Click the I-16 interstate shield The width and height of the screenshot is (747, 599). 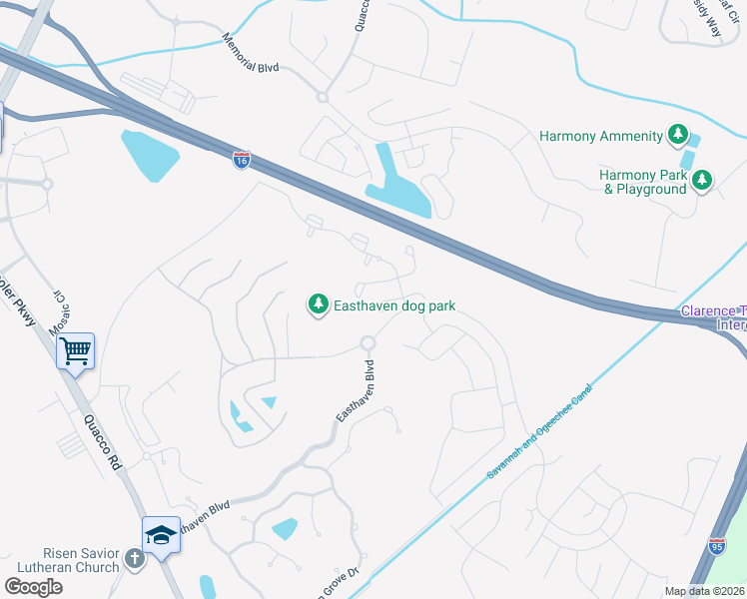coord(242,160)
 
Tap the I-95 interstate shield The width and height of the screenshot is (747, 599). coord(716,545)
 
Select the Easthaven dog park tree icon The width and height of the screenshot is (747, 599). coord(318,303)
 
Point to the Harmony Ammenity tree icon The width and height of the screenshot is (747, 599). coord(678,135)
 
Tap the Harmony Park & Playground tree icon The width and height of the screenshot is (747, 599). coord(703,181)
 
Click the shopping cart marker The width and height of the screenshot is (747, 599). coord(75,351)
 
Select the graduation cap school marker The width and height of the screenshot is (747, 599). coord(160,535)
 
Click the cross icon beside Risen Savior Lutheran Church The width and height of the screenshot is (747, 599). coord(137,561)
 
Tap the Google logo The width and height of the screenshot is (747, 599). coord(33,587)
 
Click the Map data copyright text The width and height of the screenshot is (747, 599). coord(704,591)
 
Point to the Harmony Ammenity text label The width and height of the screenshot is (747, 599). coord(601,136)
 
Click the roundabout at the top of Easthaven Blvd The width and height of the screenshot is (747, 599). coord(368,343)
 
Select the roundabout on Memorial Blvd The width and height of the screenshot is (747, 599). coord(323,97)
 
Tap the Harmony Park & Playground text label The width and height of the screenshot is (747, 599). coord(643,182)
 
